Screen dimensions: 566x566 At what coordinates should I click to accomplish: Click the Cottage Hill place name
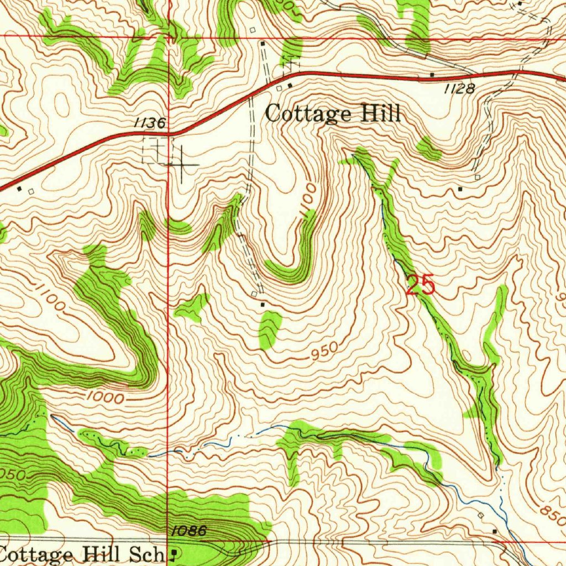point(332,114)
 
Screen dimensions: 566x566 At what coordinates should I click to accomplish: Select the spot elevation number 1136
point(149,124)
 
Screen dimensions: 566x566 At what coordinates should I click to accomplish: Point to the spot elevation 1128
point(459,88)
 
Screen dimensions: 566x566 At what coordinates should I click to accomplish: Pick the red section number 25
point(420,286)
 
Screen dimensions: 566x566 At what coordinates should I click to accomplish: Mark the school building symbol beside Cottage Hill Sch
point(175,552)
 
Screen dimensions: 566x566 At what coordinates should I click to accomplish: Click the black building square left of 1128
point(432,74)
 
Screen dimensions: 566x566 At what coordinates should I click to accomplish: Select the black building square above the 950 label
point(262,304)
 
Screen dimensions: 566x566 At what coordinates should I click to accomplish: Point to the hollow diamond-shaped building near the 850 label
point(480,515)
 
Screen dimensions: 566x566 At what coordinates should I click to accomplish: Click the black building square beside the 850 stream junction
point(495,531)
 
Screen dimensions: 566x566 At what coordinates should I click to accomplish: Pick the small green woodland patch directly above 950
point(270,329)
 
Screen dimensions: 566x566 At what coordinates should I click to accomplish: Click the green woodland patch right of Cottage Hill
point(428,148)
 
